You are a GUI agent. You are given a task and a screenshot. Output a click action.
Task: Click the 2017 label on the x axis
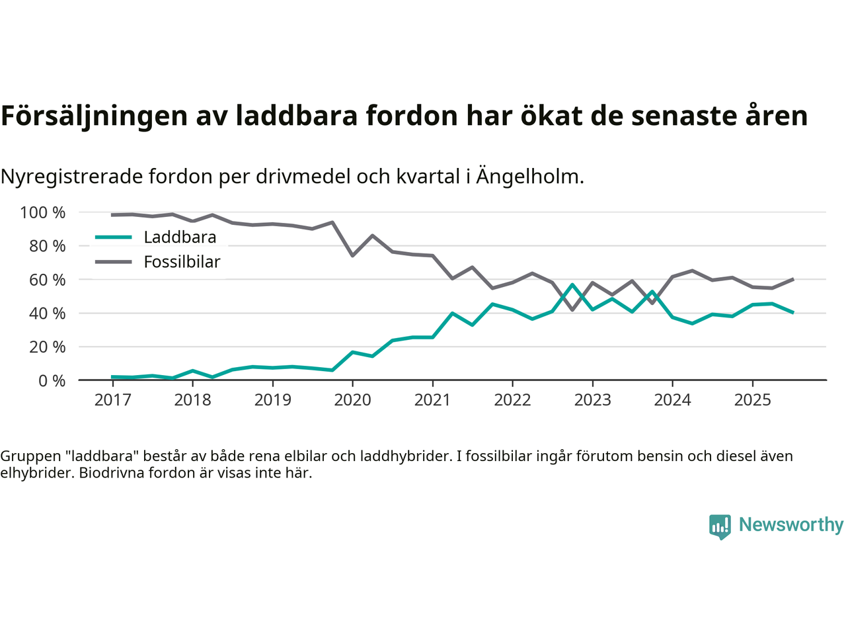pyautogui.click(x=112, y=400)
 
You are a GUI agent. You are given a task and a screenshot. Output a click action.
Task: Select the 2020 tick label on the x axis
pyautogui.click(x=352, y=400)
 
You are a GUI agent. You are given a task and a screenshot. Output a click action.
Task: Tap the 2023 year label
pyautogui.click(x=592, y=400)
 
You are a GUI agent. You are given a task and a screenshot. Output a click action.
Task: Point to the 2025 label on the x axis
pyautogui.click(x=752, y=400)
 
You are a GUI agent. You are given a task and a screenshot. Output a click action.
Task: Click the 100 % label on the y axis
pyautogui.click(x=43, y=213)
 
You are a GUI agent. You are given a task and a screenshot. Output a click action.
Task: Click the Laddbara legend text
pyautogui.click(x=180, y=237)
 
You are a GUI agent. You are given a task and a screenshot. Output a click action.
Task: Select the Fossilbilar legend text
pyautogui.click(x=182, y=262)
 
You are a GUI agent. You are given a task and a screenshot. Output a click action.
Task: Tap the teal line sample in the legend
pyautogui.click(x=114, y=237)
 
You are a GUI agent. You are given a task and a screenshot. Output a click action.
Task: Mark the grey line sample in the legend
pyautogui.click(x=114, y=262)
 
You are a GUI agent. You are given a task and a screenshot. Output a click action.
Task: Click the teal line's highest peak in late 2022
pyautogui.click(x=572, y=285)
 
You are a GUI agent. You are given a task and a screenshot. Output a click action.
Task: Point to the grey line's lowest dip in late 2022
pyautogui.click(x=572, y=310)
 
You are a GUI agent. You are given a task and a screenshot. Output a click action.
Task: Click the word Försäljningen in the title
pyautogui.click(x=95, y=116)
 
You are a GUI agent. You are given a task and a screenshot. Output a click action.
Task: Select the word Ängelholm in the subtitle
pyautogui.click(x=529, y=177)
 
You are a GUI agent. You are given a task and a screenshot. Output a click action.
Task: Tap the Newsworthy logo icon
pyautogui.click(x=720, y=527)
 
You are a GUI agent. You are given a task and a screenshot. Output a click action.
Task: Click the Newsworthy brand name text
pyautogui.click(x=791, y=525)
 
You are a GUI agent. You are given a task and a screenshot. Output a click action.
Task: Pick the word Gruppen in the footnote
pyautogui.click(x=30, y=456)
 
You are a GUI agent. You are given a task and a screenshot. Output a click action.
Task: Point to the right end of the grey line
pyautogui.click(x=792, y=279)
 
